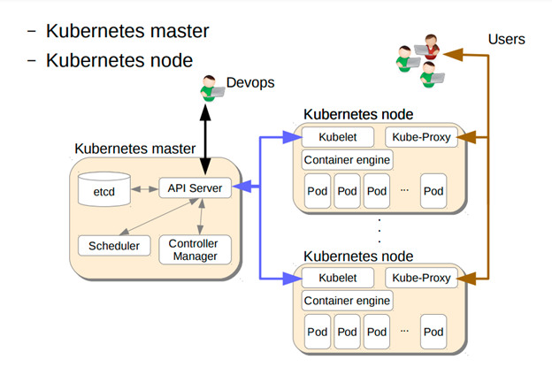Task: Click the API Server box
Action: point(195,188)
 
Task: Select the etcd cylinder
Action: point(103,190)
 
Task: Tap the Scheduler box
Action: point(113,245)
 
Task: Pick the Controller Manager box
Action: point(195,250)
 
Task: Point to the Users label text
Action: point(506,38)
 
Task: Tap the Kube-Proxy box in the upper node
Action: point(419,138)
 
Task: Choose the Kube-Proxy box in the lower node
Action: point(419,279)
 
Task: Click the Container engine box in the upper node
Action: point(347,160)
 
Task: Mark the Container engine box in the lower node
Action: point(347,302)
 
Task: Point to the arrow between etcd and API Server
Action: point(143,189)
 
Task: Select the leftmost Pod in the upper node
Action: point(318,191)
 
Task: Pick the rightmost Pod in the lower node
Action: point(433,333)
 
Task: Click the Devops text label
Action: point(250,82)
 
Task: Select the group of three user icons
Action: point(419,58)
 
